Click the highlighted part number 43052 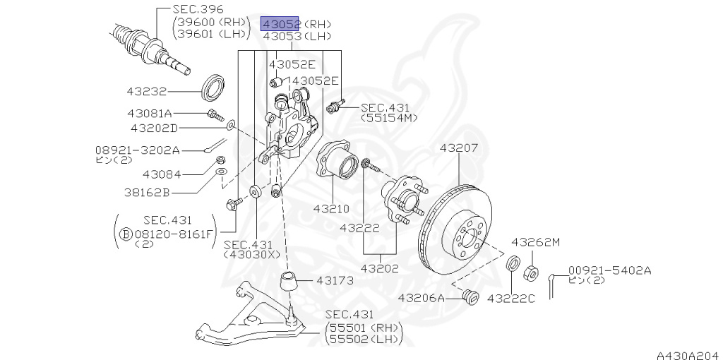click(281, 23)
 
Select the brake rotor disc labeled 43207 click(455, 230)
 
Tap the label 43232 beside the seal click(147, 92)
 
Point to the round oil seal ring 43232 click(213, 87)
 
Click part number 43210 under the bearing click(331, 209)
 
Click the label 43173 click(335, 280)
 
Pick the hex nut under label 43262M click(531, 273)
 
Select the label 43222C click(511, 299)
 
